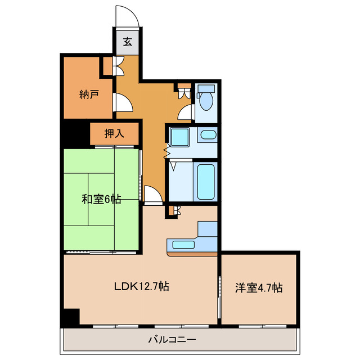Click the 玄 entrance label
click(x=128, y=41)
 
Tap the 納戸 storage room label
click(x=89, y=94)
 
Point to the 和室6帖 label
click(x=101, y=199)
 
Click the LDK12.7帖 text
click(x=142, y=286)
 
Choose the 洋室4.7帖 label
click(x=259, y=287)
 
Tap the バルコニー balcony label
click(x=172, y=339)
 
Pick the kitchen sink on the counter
click(x=182, y=245)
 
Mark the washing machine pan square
click(x=180, y=137)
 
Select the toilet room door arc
click(x=185, y=112)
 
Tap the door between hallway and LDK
click(x=152, y=194)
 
